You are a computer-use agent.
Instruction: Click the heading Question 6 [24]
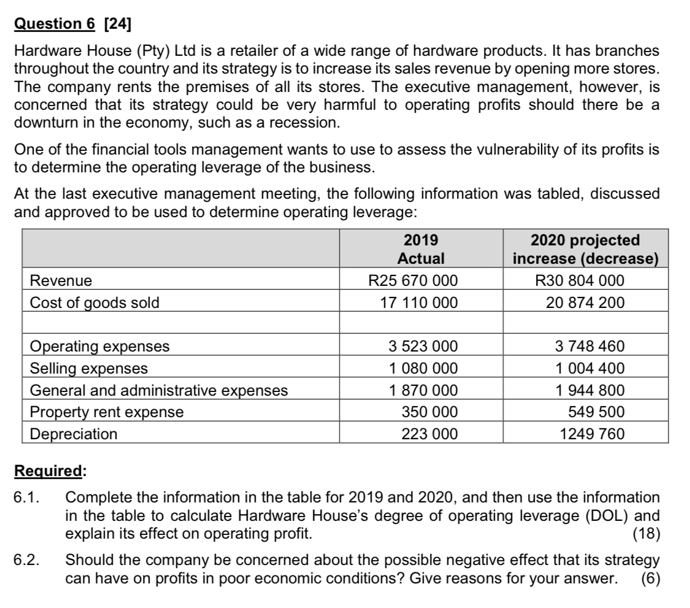coord(74,25)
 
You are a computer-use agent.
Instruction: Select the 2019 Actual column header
coord(421,249)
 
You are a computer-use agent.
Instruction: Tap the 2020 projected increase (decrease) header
coord(585,249)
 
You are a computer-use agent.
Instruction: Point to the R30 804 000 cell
coord(580,281)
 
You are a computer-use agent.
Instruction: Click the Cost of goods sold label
coord(94,302)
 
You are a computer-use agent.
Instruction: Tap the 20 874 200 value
coord(580,302)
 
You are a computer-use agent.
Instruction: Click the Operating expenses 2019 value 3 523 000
coord(423,346)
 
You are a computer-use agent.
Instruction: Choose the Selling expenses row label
coord(89,368)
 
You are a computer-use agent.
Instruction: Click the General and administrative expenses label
coord(159,390)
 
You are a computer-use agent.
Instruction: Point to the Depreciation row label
coord(74,434)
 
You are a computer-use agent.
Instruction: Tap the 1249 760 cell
coord(592,434)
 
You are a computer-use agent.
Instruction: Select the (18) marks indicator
coord(646,533)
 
